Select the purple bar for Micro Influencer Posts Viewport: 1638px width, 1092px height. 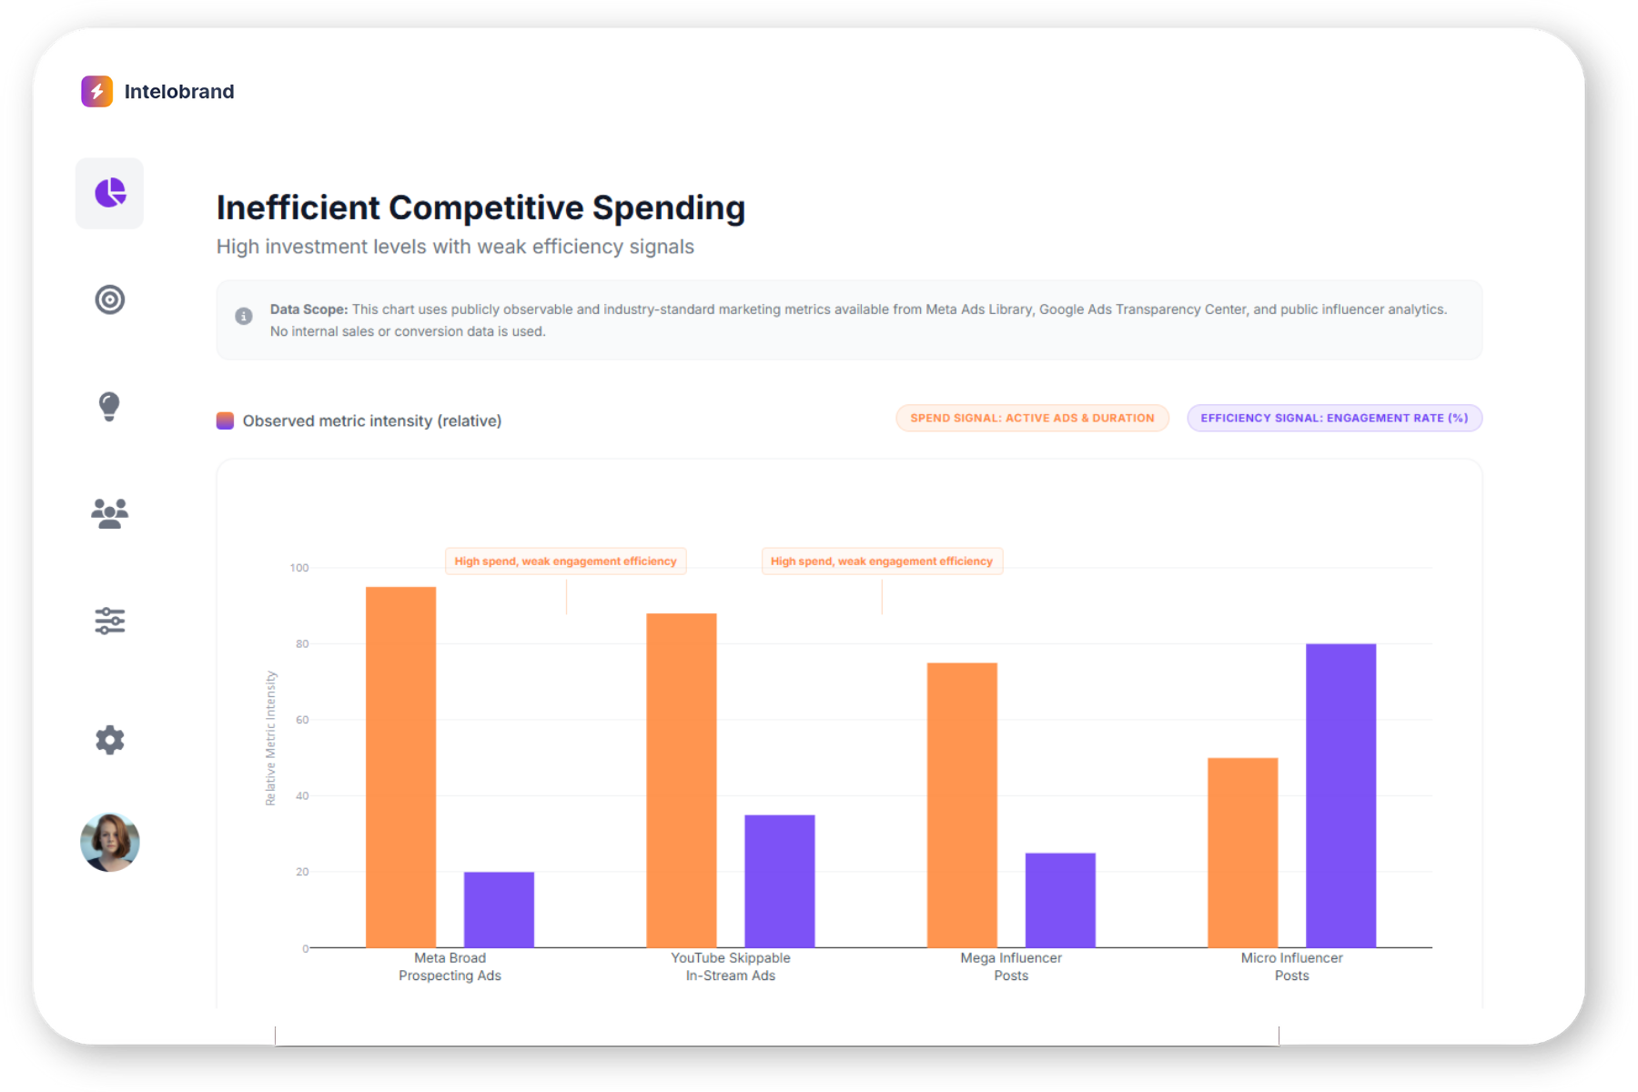pyautogui.click(x=1340, y=795)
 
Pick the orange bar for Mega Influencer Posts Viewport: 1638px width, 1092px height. pyautogui.click(x=962, y=804)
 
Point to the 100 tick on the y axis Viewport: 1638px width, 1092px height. pyautogui.click(x=299, y=568)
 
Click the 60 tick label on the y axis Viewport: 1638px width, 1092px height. pyautogui.click(x=302, y=720)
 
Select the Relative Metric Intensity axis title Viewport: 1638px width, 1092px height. pyautogui.click(x=270, y=738)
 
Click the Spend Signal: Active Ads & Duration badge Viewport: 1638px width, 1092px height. pyautogui.click(x=1032, y=418)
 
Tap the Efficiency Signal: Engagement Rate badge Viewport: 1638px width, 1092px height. pyautogui.click(x=1334, y=418)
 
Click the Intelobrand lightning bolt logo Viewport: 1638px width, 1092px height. pyautogui.click(x=96, y=91)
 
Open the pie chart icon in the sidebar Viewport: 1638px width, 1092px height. pyautogui.click(x=110, y=193)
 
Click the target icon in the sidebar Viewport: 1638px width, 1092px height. pyautogui.click(x=110, y=299)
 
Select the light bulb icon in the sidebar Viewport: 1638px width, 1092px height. pyautogui.click(x=109, y=406)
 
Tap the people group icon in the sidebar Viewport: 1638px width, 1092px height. pyautogui.click(x=110, y=513)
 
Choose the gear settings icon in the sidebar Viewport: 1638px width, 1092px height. pyautogui.click(x=110, y=740)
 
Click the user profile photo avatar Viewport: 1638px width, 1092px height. pyautogui.click(x=110, y=842)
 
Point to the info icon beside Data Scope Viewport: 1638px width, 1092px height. pyautogui.click(x=244, y=316)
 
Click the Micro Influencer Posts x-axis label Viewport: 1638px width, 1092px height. pyautogui.click(x=1291, y=966)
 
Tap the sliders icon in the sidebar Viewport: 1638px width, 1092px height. pyautogui.click(x=110, y=621)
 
